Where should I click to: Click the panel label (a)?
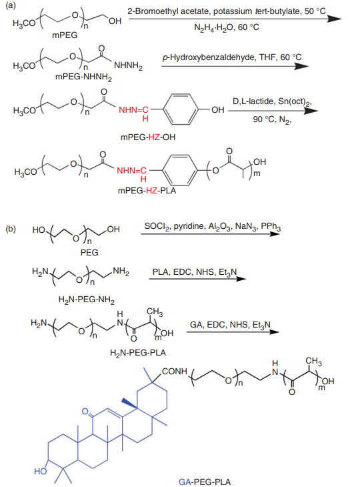click(10, 5)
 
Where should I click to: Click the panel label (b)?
click(11, 229)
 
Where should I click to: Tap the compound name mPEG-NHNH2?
click(83, 77)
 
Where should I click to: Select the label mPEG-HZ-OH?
click(148, 137)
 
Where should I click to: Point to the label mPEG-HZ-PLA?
click(147, 190)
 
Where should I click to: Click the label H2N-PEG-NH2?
click(86, 300)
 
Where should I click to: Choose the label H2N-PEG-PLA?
click(138, 353)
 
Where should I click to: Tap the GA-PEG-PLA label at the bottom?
click(205, 482)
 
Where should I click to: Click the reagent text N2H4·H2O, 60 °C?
click(227, 27)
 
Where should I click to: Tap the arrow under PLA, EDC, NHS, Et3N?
click(197, 279)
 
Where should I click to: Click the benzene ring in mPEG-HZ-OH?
click(180, 109)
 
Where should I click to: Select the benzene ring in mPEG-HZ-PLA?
click(179, 171)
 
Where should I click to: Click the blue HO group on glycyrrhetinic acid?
click(41, 472)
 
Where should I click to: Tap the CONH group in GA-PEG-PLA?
click(175, 372)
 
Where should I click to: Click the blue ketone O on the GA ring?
click(85, 411)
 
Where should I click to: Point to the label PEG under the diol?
click(89, 253)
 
